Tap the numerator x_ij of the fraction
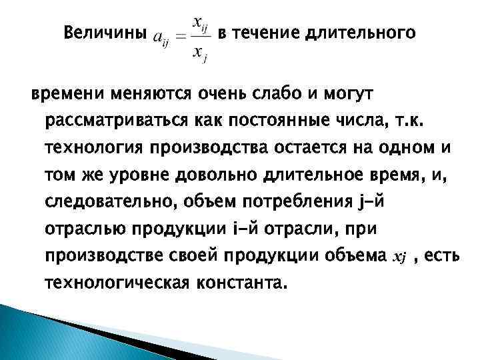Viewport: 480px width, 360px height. [200, 24]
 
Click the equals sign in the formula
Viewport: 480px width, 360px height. [180, 37]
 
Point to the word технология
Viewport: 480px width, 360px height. [93, 147]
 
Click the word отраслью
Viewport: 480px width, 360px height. [85, 228]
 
